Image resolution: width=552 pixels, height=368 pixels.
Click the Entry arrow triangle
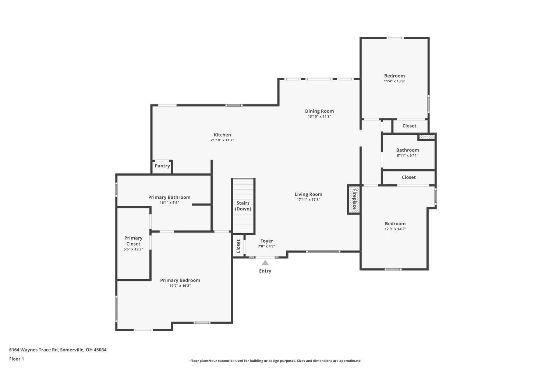point(265,263)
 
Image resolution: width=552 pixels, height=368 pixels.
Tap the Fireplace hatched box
point(354,199)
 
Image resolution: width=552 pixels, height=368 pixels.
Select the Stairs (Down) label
point(243,206)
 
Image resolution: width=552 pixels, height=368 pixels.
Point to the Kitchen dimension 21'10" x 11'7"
point(222,140)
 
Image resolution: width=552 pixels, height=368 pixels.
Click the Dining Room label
point(319,111)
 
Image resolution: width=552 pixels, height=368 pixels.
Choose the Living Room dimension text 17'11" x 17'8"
point(308,200)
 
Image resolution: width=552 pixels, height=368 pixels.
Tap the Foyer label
point(267,241)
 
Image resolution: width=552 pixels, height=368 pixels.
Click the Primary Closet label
point(133,241)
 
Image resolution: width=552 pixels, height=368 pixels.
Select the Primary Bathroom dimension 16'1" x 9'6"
point(169,203)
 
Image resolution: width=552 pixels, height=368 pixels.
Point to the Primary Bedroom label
point(180,280)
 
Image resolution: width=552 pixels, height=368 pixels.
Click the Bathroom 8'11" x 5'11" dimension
point(407,155)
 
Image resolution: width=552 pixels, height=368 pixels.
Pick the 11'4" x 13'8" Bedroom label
point(394,76)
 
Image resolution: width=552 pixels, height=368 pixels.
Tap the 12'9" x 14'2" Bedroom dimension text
point(395,229)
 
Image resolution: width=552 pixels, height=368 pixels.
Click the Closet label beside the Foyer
point(238,246)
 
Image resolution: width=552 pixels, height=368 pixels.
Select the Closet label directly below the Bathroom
point(408,177)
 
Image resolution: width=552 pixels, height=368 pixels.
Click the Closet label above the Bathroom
point(409,126)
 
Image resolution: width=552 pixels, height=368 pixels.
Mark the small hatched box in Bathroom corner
point(427,137)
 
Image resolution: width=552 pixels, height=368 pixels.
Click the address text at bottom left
point(58,350)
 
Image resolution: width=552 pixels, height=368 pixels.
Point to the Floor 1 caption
point(17,359)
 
